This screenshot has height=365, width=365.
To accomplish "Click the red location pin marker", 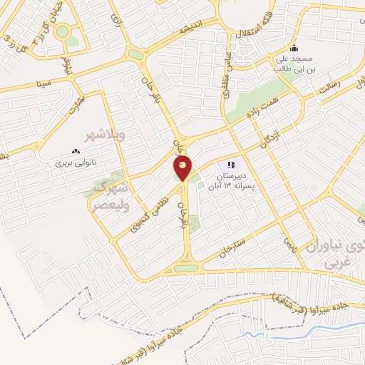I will [183, 168].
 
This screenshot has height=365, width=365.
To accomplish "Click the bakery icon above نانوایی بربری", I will [74, 152].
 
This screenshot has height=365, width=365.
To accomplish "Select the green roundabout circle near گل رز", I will [63, 31].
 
